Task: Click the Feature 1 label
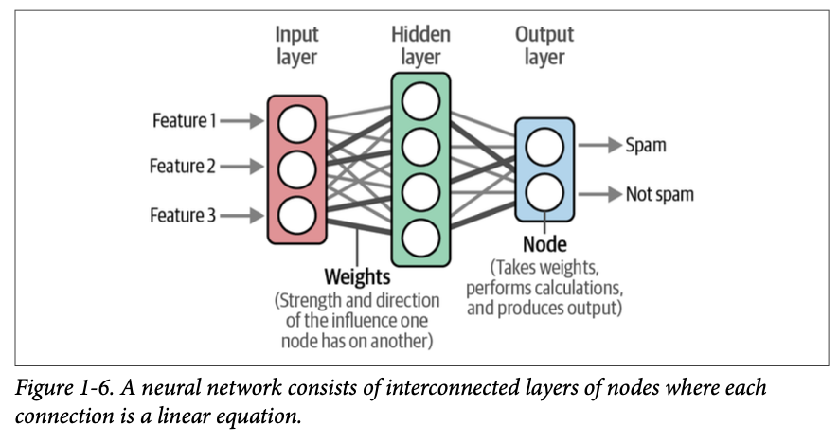click(185, 120)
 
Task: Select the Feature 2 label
click(183, 167)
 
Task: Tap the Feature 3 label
click(183, 215)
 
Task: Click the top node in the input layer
click(296, 122)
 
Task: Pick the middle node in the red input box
click(296, 168)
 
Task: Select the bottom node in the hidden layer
click(419, 234)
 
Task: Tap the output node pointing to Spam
click(544, 147)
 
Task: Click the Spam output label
click(646, 146)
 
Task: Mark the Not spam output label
click(660, 194)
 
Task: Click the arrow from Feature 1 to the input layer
click(244, 120)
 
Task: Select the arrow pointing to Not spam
click(598, 194)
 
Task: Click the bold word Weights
click(357, 277)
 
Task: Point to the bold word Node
click(544, 246)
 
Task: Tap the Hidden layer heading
click(419, 45)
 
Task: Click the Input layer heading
click(296, 45)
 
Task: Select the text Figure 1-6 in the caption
click(61, 389)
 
